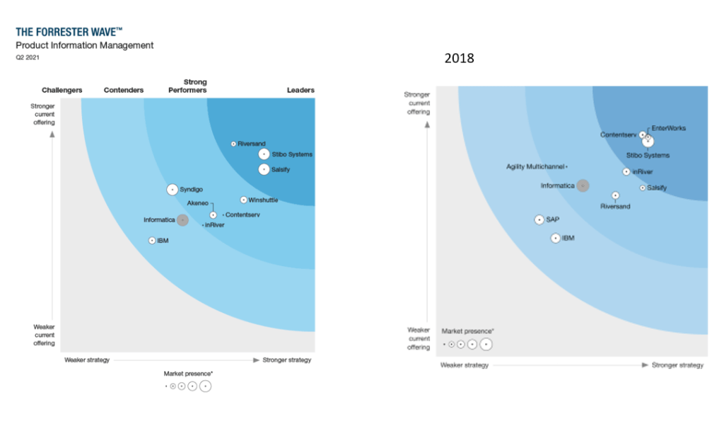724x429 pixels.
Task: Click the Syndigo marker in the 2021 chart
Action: click(x=173, y=189)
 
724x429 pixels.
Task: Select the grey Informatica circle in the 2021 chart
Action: click(x=182, y=220)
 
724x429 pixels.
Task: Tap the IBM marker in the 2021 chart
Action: click(x=152, y=241)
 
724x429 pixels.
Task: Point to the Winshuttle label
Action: click(x=263, y=200)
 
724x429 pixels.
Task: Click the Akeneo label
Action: click(x=198, y=203)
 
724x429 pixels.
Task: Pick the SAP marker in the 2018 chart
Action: click(x=539, y=219)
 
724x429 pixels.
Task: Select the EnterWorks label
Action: click(x=668, y=128)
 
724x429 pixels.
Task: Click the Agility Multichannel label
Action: click(x=535, y=166)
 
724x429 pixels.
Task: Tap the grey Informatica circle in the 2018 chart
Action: click(x=583, y=185)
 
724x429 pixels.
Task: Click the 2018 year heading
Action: click(x=459, y=59)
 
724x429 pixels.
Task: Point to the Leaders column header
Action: click(x=300, y=90)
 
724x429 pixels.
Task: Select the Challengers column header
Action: click(x=62, y=90)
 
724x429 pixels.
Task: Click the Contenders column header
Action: click(x=124, y=90)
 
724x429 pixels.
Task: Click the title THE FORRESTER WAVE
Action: click(x=69, y=32)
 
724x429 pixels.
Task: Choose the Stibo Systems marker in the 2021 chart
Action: click(x=264, y=154)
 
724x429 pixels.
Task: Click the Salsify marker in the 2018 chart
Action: click(x=643, y=188)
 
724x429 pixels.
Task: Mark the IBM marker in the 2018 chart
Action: click(x=556, y=238)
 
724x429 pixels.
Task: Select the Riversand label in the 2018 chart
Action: click(x=615, y=206)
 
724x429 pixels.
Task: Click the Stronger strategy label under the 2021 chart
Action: click(x=287, y=360)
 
